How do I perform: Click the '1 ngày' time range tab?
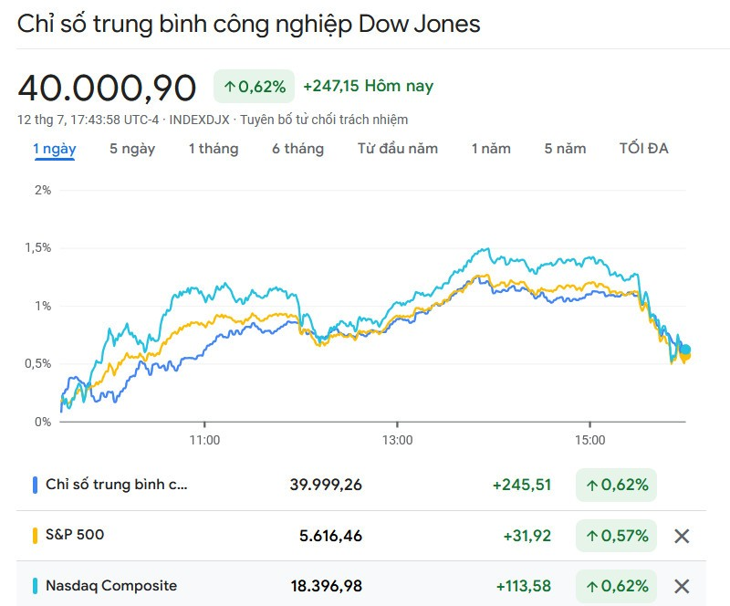[x=55, y=149]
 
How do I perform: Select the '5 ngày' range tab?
[x=132, y=149]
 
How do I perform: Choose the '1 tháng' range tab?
[x=214, y=149]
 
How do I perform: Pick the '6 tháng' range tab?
[x=297, y=149]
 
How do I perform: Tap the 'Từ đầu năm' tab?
[x=397, y=149]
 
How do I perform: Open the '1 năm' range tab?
[x=491, y=149]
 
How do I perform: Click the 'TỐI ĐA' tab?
[x=643, y=149]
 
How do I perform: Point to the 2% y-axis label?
[x=42, y=190]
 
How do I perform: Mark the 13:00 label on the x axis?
[x=397, y=439]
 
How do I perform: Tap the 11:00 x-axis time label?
[x=204, y=439]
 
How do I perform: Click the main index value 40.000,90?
[x=107, y=88]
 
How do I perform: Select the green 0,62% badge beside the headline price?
[x=254, y=87]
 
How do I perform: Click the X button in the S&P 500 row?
[x=681, y=536]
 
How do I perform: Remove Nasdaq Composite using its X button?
[x=681, y=586]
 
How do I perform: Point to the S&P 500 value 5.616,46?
[x=330, y=536]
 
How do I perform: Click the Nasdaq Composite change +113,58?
[x=523, y=586]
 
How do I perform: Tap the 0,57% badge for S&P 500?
[x=616, y=536]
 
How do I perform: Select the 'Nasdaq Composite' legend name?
[x=111, y=586]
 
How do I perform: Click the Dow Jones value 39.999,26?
[x=326, y=485]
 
